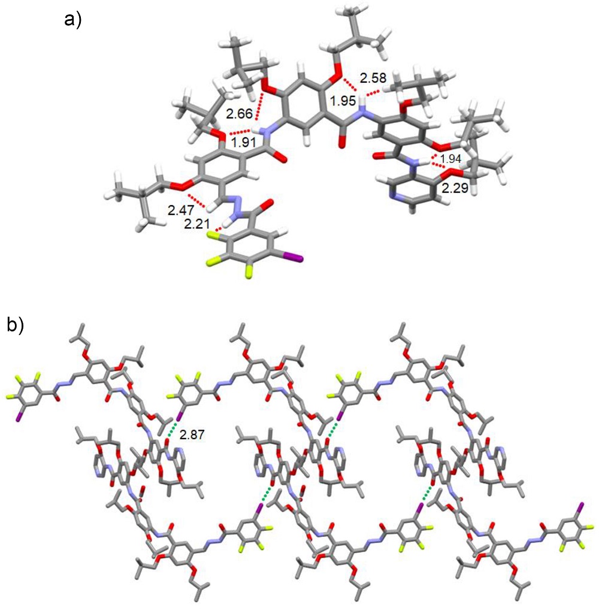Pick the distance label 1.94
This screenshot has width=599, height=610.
tap(450, 159)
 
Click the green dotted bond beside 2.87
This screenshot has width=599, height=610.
tap(173, 428)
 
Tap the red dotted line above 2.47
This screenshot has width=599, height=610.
tap(197, 201)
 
